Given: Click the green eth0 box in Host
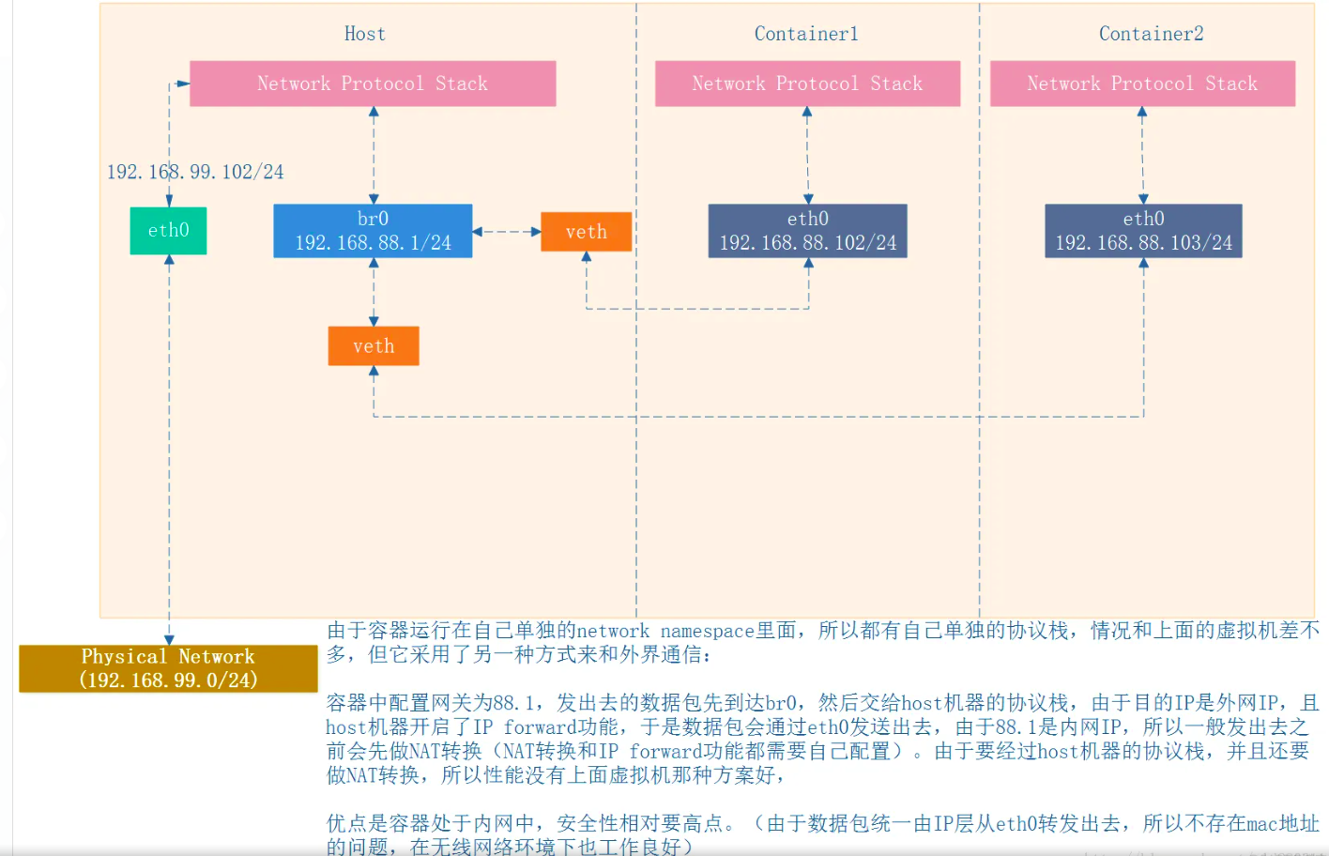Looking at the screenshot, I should (x=168, y=231).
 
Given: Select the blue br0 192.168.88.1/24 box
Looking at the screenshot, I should (x=373, y=231).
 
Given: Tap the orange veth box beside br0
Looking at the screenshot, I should (x=586, y=232).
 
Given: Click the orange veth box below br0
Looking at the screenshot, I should (x=374, y=346).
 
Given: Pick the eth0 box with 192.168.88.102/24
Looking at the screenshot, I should (x=807, y=231).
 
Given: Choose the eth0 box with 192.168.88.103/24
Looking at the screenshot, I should (x=1143, y=231).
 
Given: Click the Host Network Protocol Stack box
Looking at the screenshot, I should (x=373, y=84).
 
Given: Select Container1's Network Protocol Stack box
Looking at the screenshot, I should (x=807, y=84).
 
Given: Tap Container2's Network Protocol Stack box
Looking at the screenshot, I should (x=1142, y=84).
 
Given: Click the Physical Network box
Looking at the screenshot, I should (x=168, y=668).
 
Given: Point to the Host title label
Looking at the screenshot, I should (x=365, y=34).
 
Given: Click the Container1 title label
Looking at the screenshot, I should (x=806, y=34).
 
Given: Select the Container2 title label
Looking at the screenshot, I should (x=1151, y=34).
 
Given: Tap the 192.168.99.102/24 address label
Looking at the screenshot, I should (x=195, y=172).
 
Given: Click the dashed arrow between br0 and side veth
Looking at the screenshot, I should (x=507, y=231).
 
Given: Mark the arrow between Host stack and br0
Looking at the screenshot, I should (x=374, y=155).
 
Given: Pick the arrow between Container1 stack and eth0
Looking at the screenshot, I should (x=807, y=155).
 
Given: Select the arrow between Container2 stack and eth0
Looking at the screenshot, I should (x=1142, y=155).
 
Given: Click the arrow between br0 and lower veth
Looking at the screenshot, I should (x=374, y=292).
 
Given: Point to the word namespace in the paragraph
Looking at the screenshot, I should (x=707, y=631).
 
